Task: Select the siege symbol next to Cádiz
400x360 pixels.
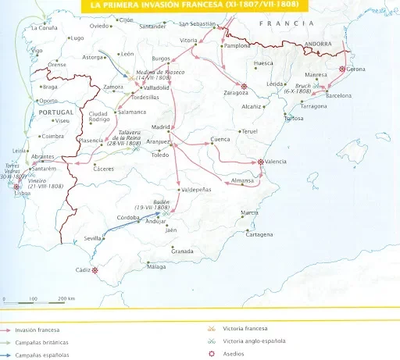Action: pos(95,271)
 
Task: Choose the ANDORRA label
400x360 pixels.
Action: pos(320,44)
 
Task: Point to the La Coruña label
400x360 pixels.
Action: pos(42,27)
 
